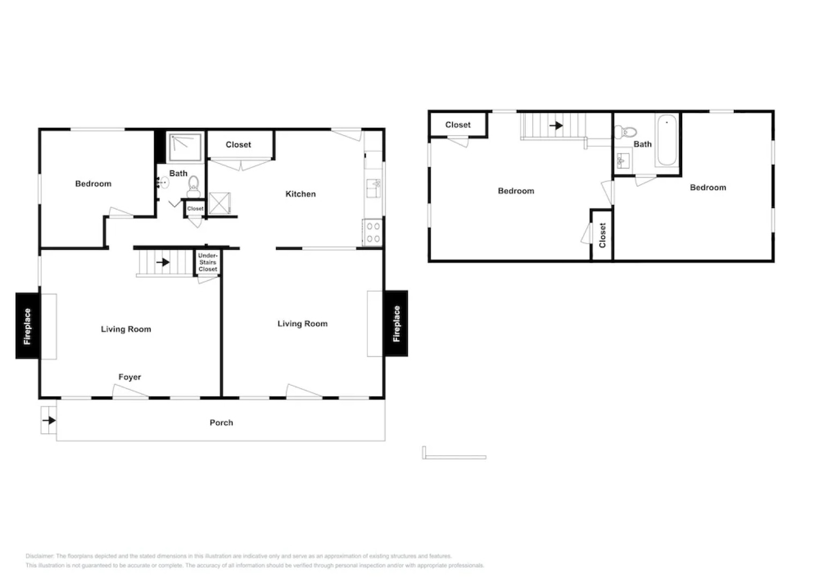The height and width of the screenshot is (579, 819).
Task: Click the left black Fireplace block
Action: click(27, 326)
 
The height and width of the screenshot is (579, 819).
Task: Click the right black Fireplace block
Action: click(396, 323)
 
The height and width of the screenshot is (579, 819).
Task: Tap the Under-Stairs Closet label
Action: click(208, 262)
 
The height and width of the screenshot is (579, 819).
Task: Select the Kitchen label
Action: click(300, 194)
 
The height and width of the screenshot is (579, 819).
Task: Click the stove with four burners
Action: click(373, 233)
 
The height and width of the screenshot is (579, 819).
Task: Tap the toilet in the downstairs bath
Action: click(193, 185)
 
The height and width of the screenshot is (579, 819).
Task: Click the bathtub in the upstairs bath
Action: click(667, 140)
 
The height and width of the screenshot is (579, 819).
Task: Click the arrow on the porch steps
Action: click(49, 420)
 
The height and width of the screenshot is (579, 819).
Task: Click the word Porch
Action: click(221, 422)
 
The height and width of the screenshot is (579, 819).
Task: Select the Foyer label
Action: click(130, 377)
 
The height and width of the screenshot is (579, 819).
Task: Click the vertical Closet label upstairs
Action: click(602, 235)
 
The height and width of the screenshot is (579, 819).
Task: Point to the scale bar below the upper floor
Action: click(454, 457)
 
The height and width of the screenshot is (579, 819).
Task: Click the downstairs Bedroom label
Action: click(93, 184)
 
